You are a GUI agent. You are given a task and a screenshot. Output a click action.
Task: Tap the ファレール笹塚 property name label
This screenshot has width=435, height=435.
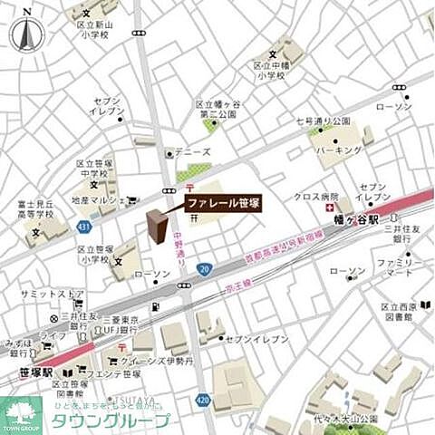[x=223, y=204]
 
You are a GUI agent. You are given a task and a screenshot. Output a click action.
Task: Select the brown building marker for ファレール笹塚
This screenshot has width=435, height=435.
[x=157, y=227]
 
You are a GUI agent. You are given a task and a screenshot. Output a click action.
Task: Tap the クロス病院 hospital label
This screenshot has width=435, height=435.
[x=315, y=198]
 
